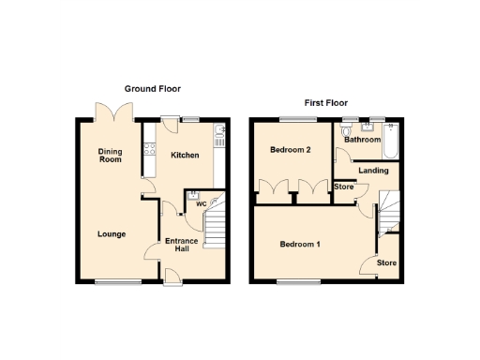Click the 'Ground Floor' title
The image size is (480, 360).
153,88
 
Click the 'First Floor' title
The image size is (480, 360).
325,102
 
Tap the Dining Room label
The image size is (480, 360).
112,155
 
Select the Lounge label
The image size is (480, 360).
111,233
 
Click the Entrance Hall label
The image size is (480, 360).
181,245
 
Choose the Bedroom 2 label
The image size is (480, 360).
290,150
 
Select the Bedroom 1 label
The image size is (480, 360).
301,245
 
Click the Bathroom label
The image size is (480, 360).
362,141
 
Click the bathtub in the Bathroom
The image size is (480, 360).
391,141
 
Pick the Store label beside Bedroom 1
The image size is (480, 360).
387,263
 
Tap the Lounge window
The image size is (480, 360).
114,281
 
